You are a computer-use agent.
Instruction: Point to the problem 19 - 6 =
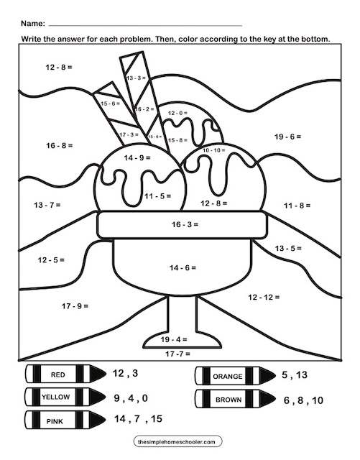[x=287, y=136]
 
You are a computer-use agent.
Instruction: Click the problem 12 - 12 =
[x=264, y=297]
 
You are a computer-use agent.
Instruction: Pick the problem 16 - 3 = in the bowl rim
[x=184, y=225]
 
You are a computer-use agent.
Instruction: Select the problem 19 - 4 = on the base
[x=174, y=338]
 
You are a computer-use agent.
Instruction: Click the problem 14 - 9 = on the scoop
[x=137, y=157]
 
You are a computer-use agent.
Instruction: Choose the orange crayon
[x=235, y=375]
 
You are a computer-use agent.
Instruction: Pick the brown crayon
[x=235, y=397]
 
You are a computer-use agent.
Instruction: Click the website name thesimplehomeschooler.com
[x=179, y=441]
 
